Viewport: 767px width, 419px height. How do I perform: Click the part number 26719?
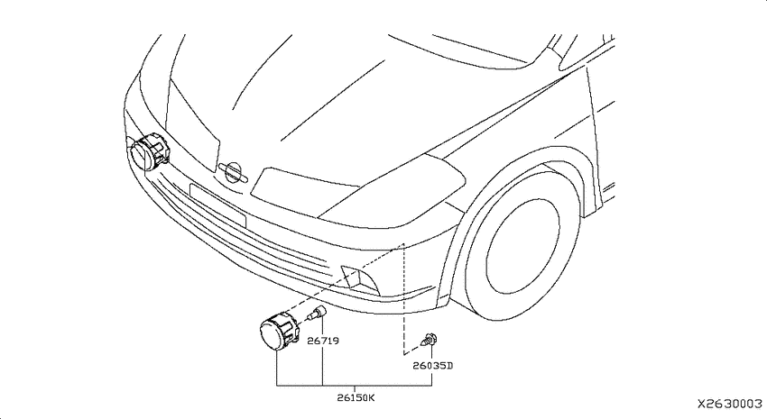coord(323,341)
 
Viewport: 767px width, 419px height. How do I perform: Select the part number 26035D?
coord(433,365)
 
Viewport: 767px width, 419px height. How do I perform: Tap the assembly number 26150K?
coord(356,397)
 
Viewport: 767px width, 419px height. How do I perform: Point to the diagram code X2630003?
coord(730,404)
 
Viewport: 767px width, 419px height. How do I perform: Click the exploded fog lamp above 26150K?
coord(280,331)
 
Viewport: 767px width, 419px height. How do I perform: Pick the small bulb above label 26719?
coord(317,313)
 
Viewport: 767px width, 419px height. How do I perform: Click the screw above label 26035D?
coord(429,340)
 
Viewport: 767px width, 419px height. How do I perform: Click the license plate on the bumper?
coord(217,205)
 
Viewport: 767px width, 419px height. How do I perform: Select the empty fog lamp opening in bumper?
coord(359,280)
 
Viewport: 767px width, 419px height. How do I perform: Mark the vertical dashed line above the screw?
coord(403,298)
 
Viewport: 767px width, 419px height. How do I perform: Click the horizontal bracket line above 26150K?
coord(354,386)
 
